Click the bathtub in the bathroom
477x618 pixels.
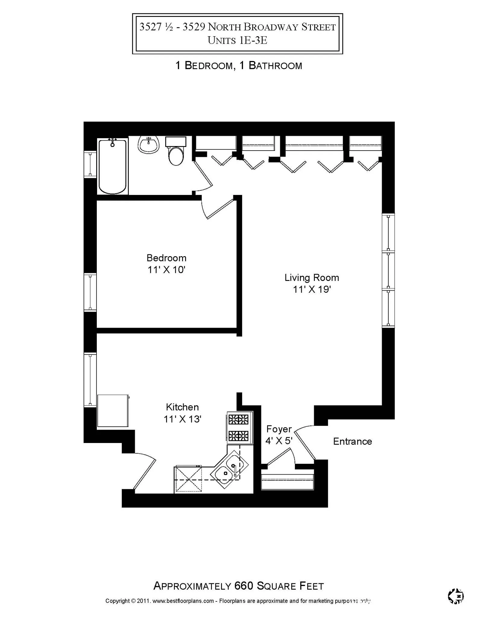coord(112,167)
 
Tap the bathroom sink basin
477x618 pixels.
coord(148,145)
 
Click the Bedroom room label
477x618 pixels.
coord(166,258)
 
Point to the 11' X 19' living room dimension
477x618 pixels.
coord(312,289)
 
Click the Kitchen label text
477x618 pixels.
coord(182,407)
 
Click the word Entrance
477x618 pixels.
coord(352,441)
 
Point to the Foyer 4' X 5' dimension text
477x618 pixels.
coord(279,441)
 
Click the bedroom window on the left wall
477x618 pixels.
coord(90,292)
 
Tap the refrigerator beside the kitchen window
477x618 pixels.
coord(113,411)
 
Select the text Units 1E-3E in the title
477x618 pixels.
coord(238,40)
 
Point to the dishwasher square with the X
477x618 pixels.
coord(188,479)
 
